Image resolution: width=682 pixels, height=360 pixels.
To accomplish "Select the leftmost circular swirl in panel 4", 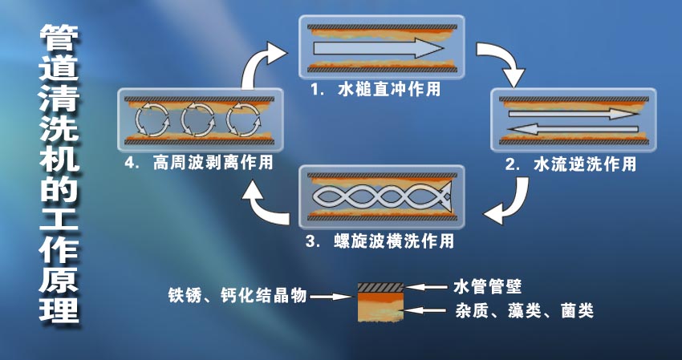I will tap(149, 121).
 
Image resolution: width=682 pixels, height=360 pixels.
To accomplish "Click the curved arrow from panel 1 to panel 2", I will tap(499, 63).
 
